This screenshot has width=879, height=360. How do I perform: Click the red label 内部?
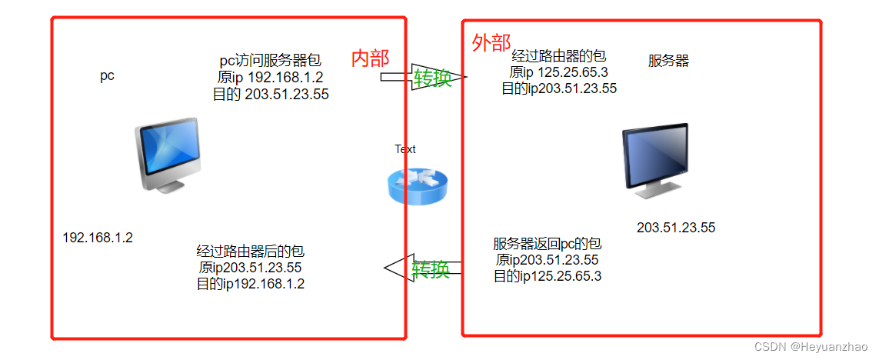pos(370,58)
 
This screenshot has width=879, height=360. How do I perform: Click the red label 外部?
pos(491,43)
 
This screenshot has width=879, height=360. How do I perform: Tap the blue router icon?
pos(416,185)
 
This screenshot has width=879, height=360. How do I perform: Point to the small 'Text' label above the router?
pos(405,149)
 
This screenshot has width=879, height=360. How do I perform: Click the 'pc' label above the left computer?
pos(107,75)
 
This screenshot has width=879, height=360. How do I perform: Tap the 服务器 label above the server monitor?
pos(668,61)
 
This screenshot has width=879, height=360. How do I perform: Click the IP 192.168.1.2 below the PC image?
pos(98,238)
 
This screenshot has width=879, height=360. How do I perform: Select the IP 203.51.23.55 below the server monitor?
pos(676,228)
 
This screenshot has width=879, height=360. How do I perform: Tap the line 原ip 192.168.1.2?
pos(271,77)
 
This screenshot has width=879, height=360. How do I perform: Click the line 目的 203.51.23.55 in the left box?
pos(271,95)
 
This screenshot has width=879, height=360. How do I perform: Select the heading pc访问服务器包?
pos(270,59)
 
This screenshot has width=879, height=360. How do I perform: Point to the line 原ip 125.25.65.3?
pos(558,72)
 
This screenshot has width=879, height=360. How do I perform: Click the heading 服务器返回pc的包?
pos(547,244)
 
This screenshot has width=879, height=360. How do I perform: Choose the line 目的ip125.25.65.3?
pos(547,276)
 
